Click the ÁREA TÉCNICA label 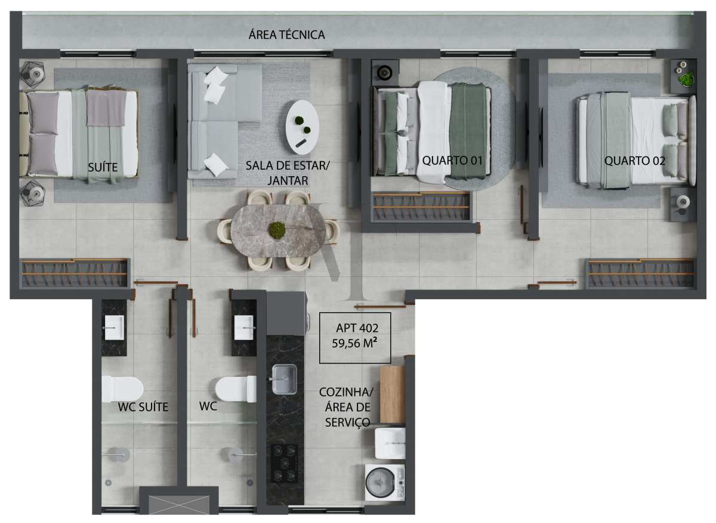coord(286,35)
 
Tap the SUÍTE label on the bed coord(103,167)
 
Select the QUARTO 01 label coord(452,160)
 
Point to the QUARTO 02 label coord(634,161)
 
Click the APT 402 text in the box coord(357,328)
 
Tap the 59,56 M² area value coord(354,343)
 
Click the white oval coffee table coord(302,127)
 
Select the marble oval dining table coord(278,230)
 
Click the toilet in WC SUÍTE coord(122,389)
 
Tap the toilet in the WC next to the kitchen coord(236,389)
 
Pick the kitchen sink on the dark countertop coord(284,379)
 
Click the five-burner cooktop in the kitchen coord(284,463)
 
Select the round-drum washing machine coord(385,482)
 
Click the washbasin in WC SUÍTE coord(114,328)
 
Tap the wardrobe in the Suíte coord(75,273)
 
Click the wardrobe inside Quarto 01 coord(421,207)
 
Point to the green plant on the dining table coord(277,230)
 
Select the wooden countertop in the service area coord(393,395)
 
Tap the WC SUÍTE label coord(143,407)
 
